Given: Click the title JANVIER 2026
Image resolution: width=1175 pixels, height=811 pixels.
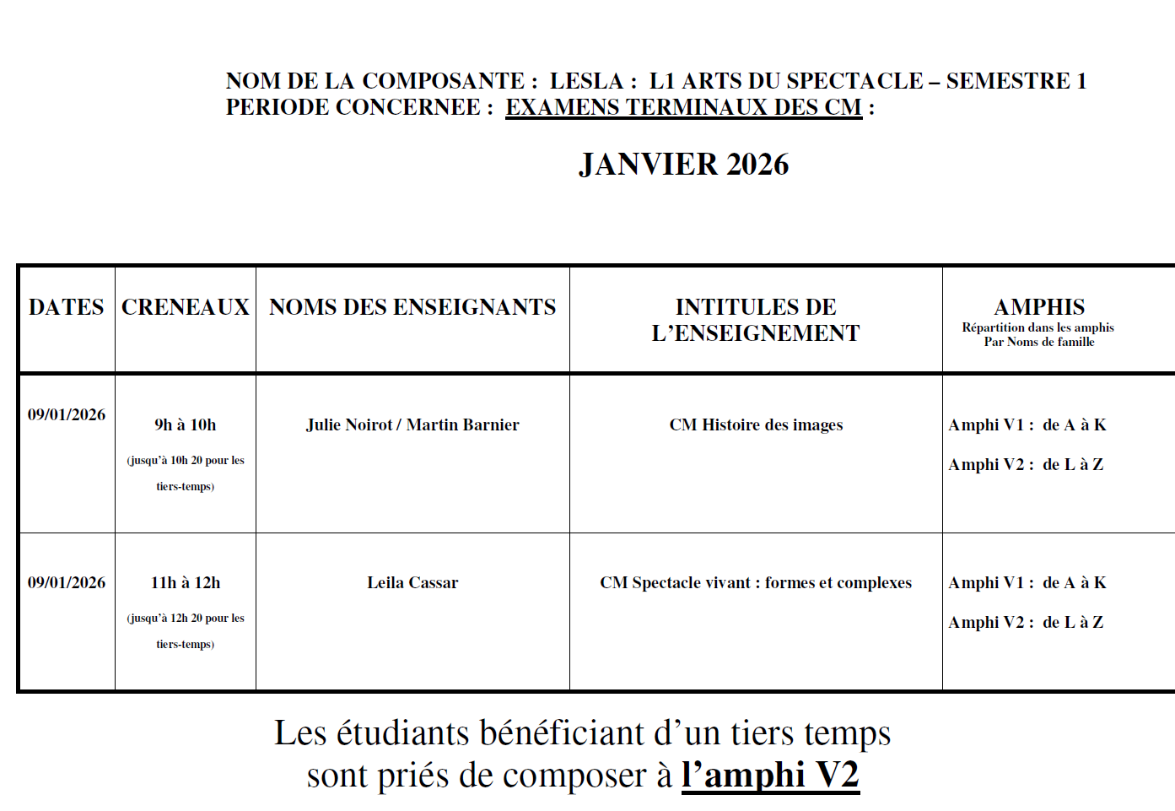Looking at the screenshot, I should [683, 165].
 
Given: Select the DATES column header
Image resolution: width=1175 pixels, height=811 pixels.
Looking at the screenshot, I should [67, 307].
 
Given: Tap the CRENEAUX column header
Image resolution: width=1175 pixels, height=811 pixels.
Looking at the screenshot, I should [186, 307].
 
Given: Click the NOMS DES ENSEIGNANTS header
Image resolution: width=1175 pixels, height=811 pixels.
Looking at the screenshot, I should [412, 307].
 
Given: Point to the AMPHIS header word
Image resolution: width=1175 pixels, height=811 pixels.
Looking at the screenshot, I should [1039, 307].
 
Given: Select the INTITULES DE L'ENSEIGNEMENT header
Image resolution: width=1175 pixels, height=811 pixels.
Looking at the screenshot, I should [756, 320].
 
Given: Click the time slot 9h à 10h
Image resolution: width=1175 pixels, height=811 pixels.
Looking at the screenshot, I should [186, 424].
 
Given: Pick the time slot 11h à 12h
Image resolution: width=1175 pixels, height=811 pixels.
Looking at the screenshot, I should [186, 582].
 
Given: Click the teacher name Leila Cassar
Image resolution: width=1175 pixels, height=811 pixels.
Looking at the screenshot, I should [412, 582].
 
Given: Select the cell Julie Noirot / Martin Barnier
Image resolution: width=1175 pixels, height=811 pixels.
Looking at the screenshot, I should [412, 424].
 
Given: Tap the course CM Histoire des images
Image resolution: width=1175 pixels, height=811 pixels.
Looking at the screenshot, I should [756, 424].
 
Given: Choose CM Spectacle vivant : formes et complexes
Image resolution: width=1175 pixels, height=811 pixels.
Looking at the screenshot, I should [756, 582].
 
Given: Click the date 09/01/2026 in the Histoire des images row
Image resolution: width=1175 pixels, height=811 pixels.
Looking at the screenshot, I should [67, 414].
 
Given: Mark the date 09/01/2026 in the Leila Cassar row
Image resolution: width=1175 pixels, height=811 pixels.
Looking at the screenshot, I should [67, 582].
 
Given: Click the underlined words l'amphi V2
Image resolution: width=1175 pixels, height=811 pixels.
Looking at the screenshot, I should [770, 775].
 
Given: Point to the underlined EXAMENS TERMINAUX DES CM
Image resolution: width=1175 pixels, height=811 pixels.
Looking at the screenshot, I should [683, 107].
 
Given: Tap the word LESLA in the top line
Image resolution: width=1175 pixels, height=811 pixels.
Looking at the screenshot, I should [586, 81].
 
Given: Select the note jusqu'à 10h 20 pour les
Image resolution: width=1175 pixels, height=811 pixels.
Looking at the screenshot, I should [186, 460].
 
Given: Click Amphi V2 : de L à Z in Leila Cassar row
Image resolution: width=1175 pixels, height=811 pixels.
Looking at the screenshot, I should [1026, 622].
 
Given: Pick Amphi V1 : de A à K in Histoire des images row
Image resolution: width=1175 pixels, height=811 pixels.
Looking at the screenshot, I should [1027, 424].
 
